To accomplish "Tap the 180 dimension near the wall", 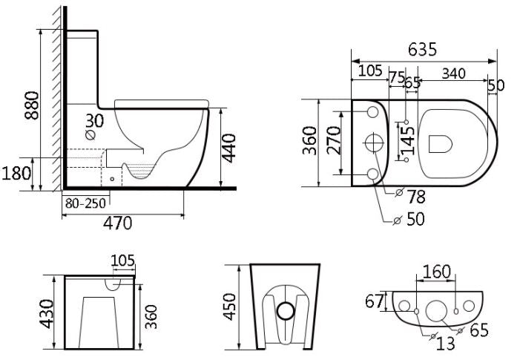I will point(16,174).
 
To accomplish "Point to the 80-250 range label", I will point(85,203).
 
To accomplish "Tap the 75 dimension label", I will point(396,77).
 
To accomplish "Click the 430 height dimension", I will point(46,313).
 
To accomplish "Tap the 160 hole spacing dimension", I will point(437,272).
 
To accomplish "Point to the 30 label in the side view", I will point(94,120).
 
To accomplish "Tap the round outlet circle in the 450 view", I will point(285,311).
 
